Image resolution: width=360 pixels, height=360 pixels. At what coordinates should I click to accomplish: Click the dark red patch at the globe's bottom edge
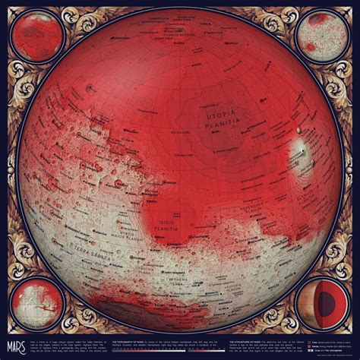[114, 308]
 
